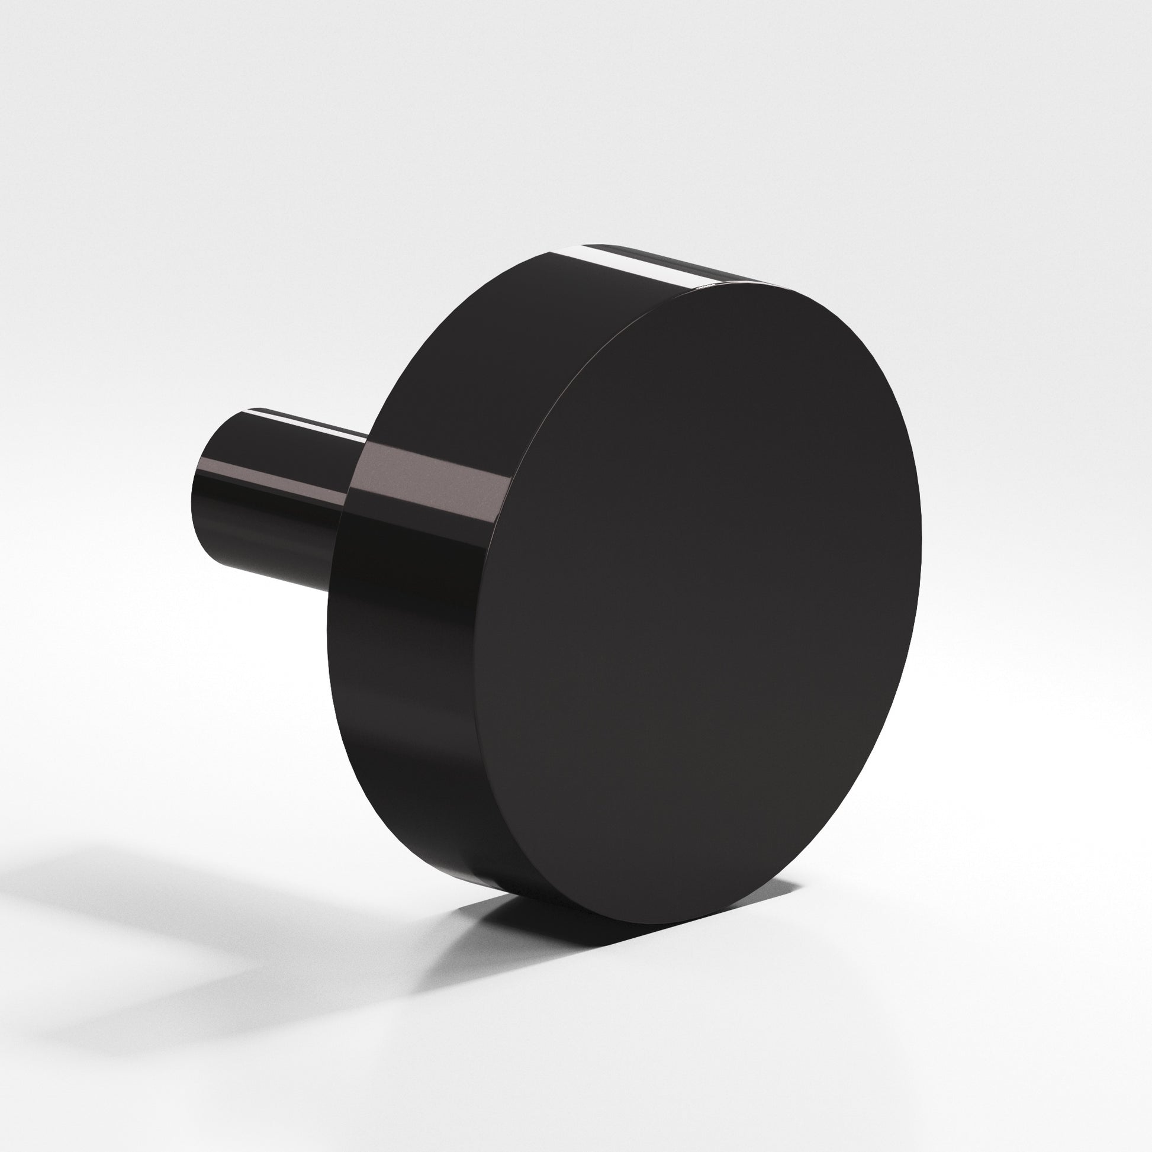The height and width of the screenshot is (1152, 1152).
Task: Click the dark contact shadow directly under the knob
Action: click(x=524, y=927)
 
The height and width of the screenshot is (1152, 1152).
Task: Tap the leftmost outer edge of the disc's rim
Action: click(x=329, y=626)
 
